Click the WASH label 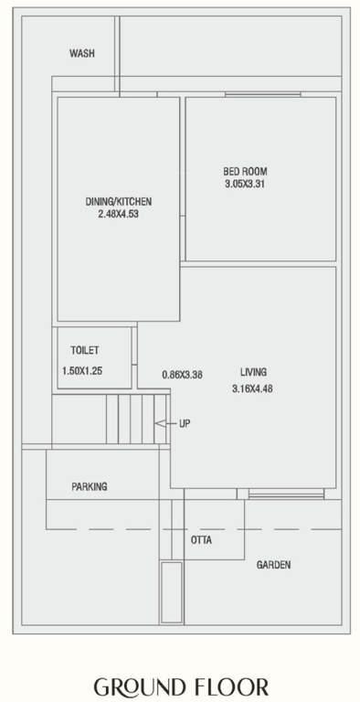82,54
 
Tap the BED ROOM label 245,171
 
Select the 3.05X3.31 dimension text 245,184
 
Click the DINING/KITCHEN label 119,201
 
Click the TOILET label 85,350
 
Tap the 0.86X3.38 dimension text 182,374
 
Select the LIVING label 253,372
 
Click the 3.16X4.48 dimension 253,388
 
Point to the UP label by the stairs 184,424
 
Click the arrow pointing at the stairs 162,424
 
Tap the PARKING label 90,487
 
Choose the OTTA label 201,540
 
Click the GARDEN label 273,565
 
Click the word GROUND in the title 141,687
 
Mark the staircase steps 137,419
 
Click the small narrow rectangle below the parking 171,591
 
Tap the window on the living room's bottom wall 286,495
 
